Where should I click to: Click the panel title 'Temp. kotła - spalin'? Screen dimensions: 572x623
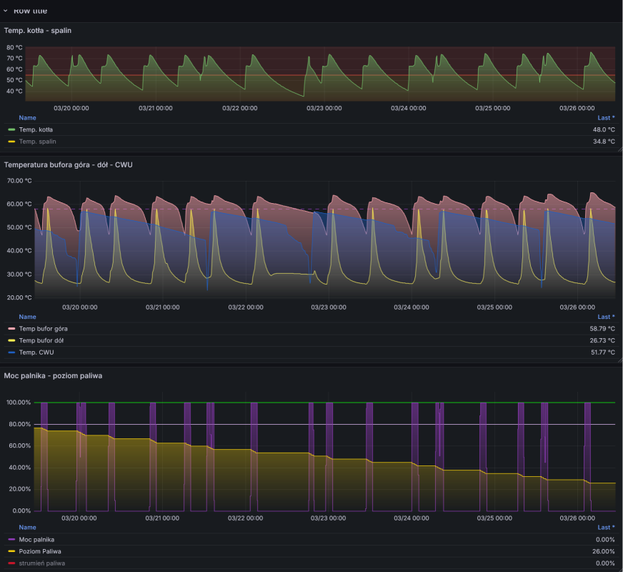(38, 30)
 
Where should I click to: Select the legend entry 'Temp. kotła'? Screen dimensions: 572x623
(36, 129)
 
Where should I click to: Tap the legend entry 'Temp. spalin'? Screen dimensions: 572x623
(37, 142)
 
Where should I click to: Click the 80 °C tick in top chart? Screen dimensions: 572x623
(14, 47)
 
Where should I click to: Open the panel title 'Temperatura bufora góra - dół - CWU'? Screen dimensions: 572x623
(68, 164)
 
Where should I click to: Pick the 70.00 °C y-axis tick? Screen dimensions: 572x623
(19, 181)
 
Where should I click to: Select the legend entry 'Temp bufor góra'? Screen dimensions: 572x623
(43, 328)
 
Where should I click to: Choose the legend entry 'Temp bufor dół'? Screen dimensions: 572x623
(41, 340)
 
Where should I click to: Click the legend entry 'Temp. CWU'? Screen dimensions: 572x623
(36, 352)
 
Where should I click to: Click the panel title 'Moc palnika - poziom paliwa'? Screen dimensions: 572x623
(53, 375)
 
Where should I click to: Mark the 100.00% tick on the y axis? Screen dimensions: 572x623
(19, 403)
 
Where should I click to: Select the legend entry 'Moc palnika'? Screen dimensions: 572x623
(36, 539)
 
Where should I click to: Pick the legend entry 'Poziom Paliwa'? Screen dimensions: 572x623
(40, 551)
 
